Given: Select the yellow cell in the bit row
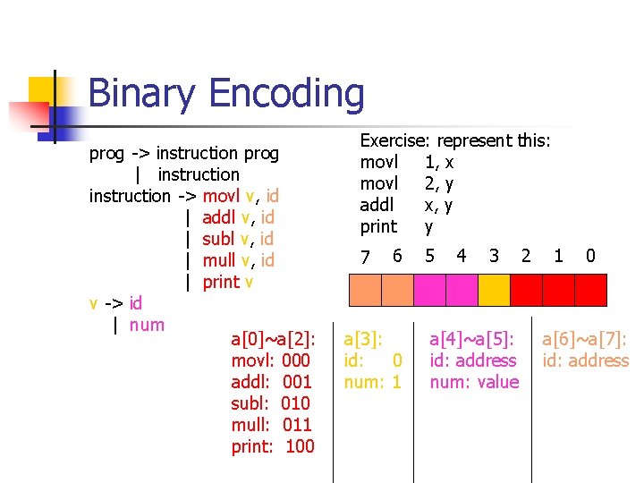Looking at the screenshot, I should [x=493, y=290].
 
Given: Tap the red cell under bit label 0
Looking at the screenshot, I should [x=590, y=290].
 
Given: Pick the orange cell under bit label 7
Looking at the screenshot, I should [x=365, y=290].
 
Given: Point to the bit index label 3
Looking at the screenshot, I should [x=494, y=257].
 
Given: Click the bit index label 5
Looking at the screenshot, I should [x=429, y=257].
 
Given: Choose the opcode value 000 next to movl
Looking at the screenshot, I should [x=295, y=360].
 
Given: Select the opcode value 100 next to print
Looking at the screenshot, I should [x=300, y=446].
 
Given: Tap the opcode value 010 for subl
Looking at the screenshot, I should [x=295, y=403].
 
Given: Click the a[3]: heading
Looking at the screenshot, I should [x=363, y=339].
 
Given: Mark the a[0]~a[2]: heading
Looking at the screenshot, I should [x=273, y=339].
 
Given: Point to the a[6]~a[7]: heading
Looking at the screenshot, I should [x=585, y=339].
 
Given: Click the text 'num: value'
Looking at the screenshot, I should [x=474, y=382].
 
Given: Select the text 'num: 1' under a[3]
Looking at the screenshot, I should [x=373, y=382].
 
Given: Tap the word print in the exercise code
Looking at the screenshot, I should [x=377, y=226].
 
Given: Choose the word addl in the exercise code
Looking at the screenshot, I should [x=377, y=205].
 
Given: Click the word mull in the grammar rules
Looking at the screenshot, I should [x=218, y=260].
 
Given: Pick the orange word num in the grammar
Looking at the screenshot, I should [x=147, y=325].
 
